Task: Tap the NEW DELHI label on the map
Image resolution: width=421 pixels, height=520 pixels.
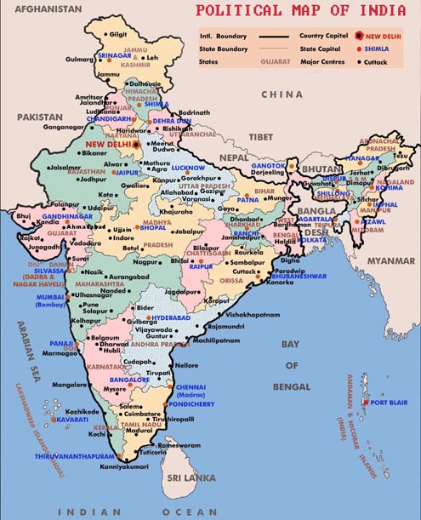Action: (105, 145)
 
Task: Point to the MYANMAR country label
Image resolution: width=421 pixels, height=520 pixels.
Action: (390, 261)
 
